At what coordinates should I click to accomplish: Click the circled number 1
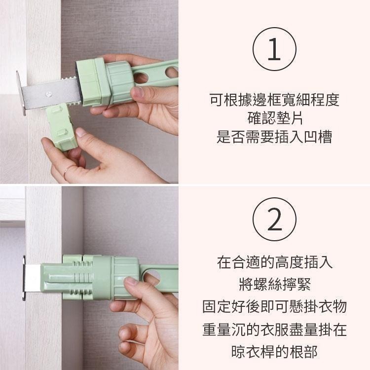274,50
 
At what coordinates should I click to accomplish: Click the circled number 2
274,219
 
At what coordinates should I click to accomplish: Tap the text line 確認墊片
274,118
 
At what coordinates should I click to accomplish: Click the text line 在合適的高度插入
274,262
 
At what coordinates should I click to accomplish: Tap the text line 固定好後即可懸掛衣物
274,306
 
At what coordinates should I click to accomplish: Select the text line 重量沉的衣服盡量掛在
274,329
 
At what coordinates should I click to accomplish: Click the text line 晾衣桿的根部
274,351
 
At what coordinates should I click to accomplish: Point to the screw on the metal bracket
49,92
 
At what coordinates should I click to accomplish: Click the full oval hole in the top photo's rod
141,77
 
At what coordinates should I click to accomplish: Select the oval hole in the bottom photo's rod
152,276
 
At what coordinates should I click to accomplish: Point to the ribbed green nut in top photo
120,82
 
